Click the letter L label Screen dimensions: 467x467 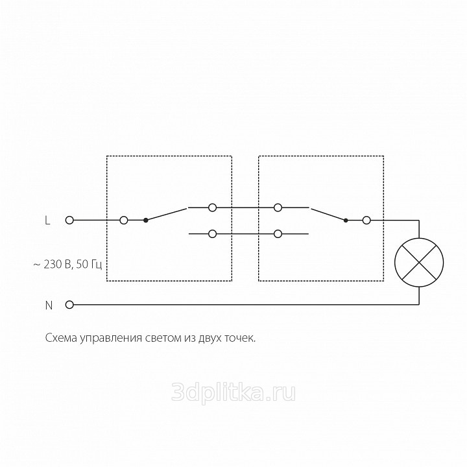47,221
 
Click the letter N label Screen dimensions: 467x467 49,305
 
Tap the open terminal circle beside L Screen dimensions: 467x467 69,221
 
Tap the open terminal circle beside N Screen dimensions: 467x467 69,305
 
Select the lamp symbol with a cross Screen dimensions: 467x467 419,263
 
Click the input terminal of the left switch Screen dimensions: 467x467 124,221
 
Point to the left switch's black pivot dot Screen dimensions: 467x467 146,221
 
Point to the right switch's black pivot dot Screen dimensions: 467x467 346,221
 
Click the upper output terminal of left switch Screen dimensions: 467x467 212,208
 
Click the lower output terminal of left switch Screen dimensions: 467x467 212,233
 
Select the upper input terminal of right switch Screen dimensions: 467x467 278,208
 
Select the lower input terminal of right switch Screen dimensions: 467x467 278,233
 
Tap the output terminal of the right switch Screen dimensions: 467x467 366,221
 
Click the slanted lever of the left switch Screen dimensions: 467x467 166,215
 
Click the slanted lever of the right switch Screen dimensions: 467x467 328,215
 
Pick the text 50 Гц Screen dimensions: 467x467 89,265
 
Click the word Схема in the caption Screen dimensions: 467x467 61,338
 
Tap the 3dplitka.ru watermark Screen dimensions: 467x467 233,392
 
